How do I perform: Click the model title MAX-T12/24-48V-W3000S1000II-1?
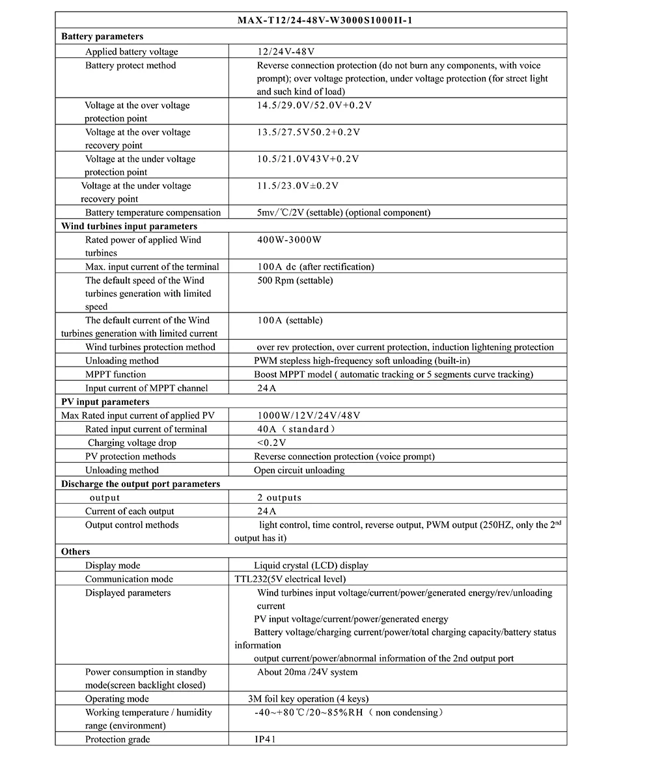point(325,20)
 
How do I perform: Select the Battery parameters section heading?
point(102,36)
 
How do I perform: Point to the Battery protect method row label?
point(130,65)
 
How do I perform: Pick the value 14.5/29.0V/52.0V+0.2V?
point(314,105)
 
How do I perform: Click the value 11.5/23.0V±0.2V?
point(298,186)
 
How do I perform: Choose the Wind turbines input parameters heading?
point(129,226)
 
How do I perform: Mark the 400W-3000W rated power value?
point(289,240)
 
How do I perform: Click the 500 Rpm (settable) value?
point(294,280)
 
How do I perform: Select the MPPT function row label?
point(115,374)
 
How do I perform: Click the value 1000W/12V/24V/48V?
point(309,415)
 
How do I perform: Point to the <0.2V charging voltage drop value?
point(271,443)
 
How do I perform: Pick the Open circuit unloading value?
point(299,470)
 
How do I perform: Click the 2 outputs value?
point(279,498)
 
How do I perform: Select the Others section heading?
point(76,551)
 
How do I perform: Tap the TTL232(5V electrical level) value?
point(290,579)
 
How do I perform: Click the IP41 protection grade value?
point(265,740)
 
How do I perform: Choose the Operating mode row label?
point(117,699)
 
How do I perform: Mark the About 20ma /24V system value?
point(307,672)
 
